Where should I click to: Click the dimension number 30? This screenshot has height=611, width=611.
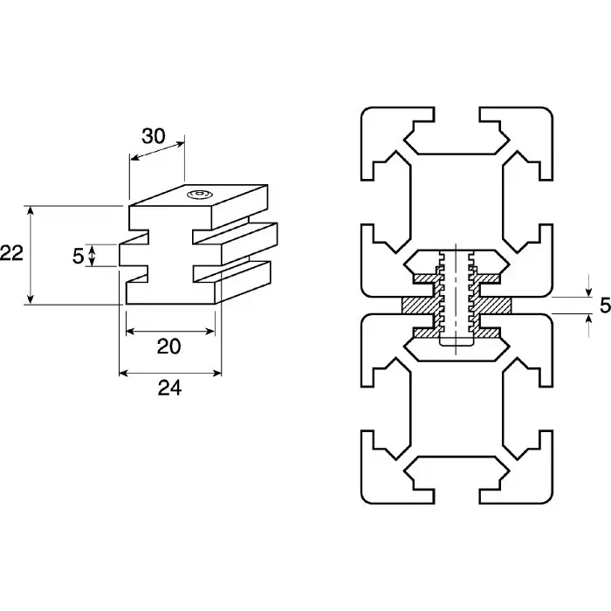154,136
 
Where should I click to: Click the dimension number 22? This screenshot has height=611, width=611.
11,254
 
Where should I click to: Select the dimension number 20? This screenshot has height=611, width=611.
168,346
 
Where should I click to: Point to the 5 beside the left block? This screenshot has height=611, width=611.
78,256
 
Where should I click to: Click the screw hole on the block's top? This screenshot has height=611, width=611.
201,194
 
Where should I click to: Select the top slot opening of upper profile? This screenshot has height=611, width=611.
456,113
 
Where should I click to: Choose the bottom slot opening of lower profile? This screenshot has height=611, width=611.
456,498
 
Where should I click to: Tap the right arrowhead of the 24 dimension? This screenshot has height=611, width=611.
218,373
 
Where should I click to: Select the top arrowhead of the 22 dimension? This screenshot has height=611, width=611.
31,210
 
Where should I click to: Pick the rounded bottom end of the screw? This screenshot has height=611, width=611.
455,346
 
